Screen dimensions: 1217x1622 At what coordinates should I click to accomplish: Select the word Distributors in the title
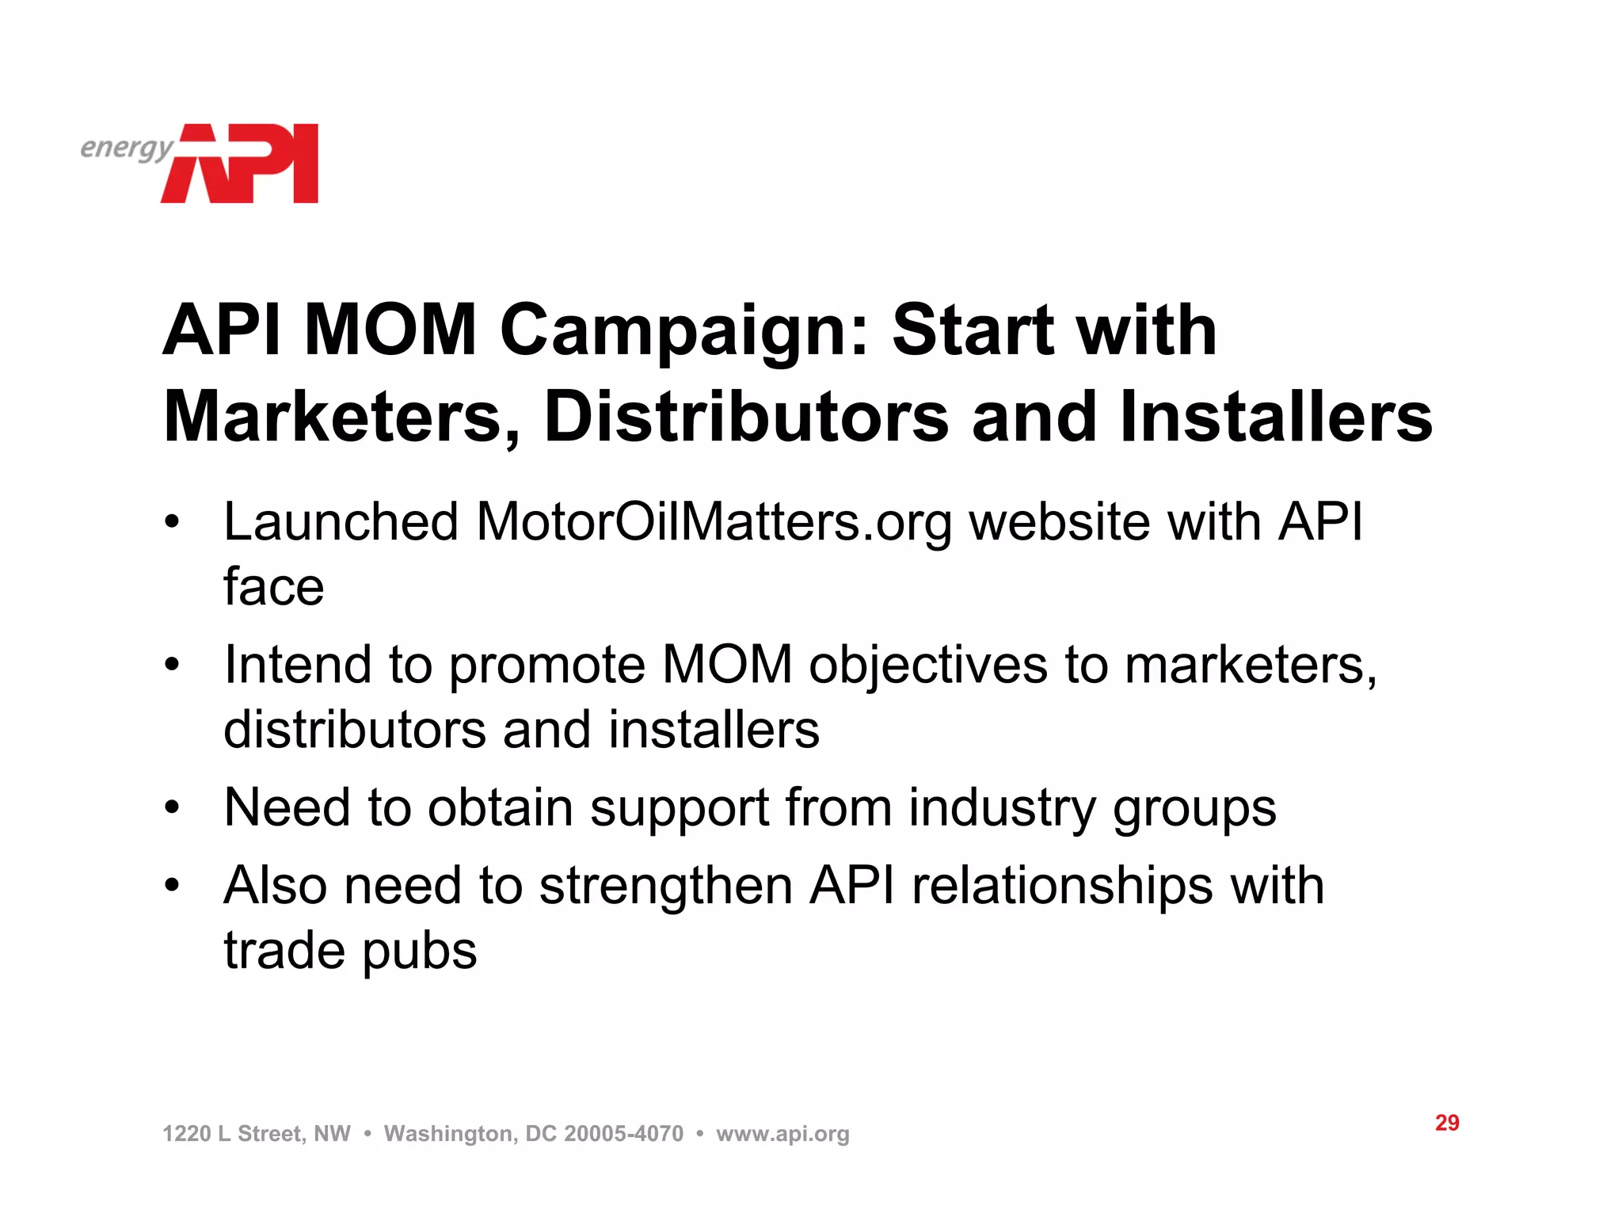coord(746,418)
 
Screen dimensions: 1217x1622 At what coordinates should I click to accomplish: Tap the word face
coord(273,587)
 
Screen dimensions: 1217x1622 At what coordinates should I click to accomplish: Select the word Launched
coord(341,523)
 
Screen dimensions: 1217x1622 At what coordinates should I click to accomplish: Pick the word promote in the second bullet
coord(546,665)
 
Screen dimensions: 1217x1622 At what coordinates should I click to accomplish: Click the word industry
coord(1002,808)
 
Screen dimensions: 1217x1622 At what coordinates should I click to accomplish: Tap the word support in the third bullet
coord(680,808)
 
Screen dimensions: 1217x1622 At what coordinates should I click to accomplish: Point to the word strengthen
coord(666,886)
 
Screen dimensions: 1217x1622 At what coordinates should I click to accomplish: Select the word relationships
coord(1062,886)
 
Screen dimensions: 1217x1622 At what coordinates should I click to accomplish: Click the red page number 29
coord(1447,1123)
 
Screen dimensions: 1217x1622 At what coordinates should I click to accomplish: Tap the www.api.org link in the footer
coord(782,1134)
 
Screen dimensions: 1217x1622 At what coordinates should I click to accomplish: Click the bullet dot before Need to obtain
coord(173,808)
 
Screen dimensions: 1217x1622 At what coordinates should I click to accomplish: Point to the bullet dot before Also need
coord(173,886)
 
